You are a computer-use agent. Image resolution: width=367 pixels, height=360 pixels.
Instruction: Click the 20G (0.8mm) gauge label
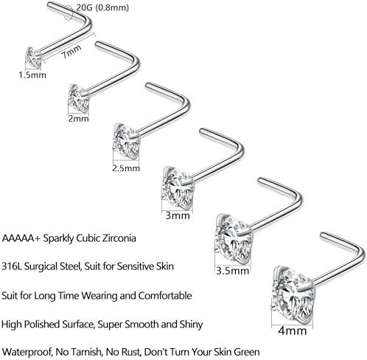[102, 8]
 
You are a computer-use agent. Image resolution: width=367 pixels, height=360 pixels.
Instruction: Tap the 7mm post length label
[71, 52]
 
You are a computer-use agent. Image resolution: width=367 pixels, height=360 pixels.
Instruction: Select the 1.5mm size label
[32, 75]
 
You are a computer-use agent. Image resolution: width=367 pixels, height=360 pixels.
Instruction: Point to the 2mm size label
[78, 119]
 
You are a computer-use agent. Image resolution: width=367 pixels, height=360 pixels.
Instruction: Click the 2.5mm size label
[126, 168]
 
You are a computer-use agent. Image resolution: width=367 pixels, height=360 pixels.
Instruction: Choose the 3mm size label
[178, 215]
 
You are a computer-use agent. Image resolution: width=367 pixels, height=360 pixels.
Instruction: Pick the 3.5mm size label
[233, 271]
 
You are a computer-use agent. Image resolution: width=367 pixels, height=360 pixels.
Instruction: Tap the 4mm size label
[293, 330]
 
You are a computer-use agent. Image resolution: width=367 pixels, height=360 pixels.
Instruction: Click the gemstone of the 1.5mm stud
[33, 58]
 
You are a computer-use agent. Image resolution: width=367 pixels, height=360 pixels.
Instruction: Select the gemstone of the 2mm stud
[79, 99]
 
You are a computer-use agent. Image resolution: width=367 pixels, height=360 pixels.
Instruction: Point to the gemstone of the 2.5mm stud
[127, 142]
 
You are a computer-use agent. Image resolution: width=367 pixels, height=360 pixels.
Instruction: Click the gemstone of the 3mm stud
[178, 188]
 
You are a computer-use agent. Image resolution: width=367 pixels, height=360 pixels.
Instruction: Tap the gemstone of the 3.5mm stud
[234, 239]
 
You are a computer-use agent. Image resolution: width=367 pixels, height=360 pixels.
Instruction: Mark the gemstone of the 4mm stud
[293, 295]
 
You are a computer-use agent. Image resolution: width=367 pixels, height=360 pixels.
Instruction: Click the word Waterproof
[27, 352]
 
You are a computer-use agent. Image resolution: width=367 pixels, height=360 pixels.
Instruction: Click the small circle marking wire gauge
[69, 13]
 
